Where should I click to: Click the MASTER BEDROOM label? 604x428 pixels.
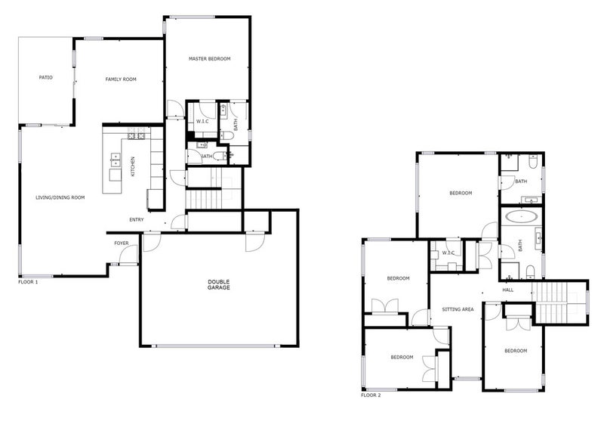click(x=210, y=59)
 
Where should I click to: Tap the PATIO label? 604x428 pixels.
click(x=46, y=78)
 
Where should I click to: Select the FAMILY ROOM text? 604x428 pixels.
click(x=121, y=79)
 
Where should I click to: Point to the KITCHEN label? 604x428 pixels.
click(x=133, y=166)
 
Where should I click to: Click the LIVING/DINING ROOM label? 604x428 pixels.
click(x=60, y=197)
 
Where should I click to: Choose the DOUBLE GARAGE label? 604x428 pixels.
click(x=219, y=285)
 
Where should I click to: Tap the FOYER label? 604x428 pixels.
click(x=122, y=243)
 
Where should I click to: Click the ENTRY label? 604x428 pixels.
click(x=137, y=219)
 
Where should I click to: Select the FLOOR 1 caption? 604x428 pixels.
click(x=28, y=282)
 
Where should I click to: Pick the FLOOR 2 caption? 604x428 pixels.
click(x=371, y=395)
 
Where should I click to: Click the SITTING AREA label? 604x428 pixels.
click(x=458, y=309)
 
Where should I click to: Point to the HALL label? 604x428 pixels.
click(x=508, y=290)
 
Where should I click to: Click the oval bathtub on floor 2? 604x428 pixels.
click(x=521, y=216)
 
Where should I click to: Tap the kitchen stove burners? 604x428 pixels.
click(x=136, y=136)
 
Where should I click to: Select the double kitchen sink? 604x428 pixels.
click(x=116, y=160)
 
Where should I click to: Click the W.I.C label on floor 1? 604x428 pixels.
click(x=202, y=122)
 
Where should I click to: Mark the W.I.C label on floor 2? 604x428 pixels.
click(x=448, y=253)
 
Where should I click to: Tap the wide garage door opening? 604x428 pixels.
click(x=215, y=346)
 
